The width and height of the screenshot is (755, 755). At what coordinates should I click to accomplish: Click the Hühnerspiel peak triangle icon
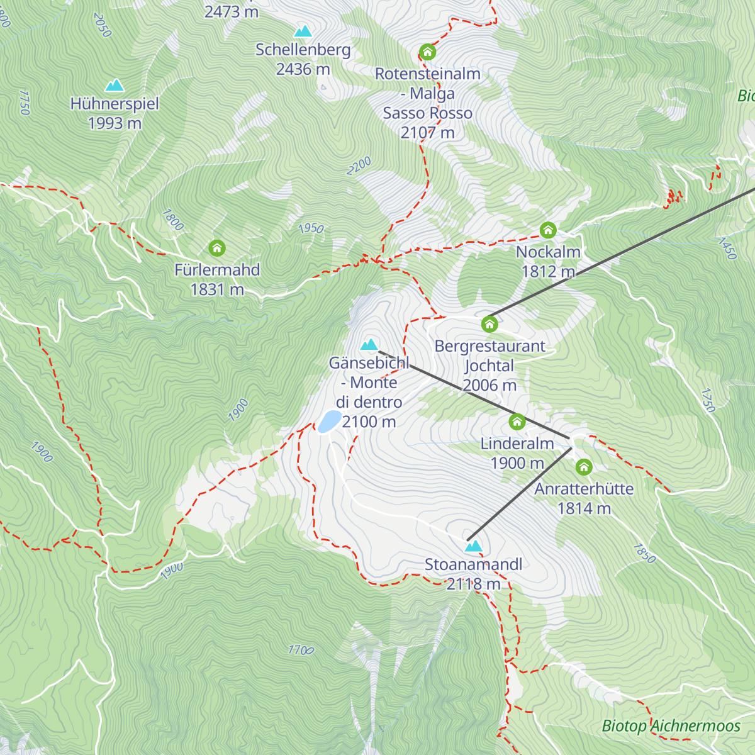click(x=115, y=85)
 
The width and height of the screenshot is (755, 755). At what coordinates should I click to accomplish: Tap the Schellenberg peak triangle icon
click(x=303, y=31)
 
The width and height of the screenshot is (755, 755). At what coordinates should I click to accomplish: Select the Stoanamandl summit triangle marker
click(x=473, y=545)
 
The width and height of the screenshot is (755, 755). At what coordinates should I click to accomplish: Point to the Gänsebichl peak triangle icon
click(x=369, y=344)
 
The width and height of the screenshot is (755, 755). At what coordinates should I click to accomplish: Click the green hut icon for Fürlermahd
click(x=217, y=248)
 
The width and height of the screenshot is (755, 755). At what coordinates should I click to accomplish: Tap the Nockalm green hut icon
click(x=548, y=230)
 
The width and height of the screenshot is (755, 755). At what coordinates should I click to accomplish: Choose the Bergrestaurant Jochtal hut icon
click(x=489, y=324)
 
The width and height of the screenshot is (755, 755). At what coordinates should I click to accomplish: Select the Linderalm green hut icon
click(x=517, y=422)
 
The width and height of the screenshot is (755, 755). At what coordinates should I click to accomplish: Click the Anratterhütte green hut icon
click(x=584, y=467)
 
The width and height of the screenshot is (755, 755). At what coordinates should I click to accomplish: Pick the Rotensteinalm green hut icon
click(x=428, y=52)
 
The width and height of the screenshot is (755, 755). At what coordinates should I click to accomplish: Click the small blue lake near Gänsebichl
click(x=329, y=421)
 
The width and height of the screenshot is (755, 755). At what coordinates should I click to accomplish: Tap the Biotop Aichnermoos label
click(x=671, y=726)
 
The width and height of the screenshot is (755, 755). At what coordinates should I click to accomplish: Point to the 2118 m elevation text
click(x=473, y=584)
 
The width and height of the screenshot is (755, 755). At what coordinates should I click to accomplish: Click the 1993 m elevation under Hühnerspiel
click(x=115, y=123)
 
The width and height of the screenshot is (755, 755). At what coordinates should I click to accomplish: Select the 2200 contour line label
click(x=359, y=166)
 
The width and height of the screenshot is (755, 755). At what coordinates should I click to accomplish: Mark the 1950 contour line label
click(x=311, y=228)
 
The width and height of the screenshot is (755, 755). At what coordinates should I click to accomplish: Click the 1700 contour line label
click(x=301, y=650)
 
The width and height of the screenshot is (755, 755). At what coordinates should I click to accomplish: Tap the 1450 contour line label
click(x=726, y=249)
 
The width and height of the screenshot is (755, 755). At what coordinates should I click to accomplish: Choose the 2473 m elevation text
click(x=231, y=11)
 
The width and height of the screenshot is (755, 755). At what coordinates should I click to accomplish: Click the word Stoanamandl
click(x=473, y=564)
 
